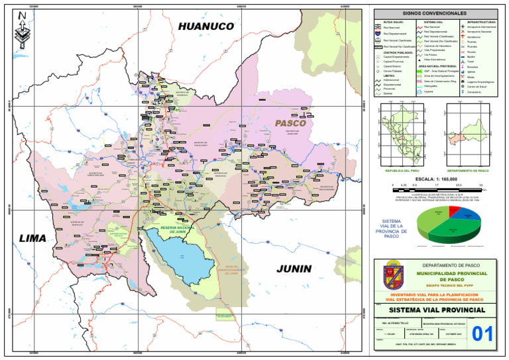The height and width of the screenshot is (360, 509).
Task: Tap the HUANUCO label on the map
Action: pyautogui.click(x=207, y=27)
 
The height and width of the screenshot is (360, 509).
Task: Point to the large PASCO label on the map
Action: pyautogui.click(x=290, y=123)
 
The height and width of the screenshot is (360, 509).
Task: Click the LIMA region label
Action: pyautogui.click(x=32, y=238)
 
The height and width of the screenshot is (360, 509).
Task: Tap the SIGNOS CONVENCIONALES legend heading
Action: pyautogui.click(x=434, y=13)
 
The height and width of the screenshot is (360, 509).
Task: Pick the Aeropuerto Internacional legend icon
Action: pyautogui.click(x=462, y=27)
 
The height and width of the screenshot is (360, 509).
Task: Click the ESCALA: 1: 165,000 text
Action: pyautogui.click(x=433, y=179)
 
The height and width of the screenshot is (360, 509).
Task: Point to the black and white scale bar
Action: pyautogui.click(x=433, y=189)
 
